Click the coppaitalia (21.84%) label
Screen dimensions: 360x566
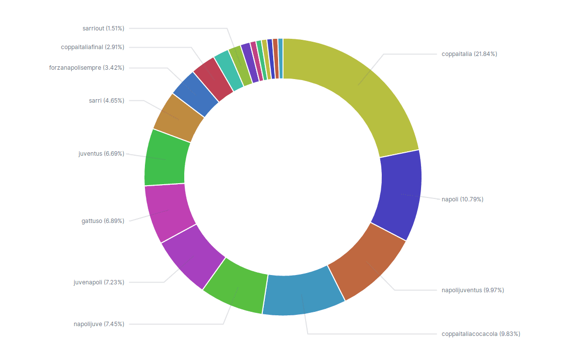[469, 54]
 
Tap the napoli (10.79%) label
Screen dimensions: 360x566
[462, 199]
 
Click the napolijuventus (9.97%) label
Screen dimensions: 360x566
[473, 290]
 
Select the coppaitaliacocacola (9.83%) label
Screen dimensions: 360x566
[481, 334]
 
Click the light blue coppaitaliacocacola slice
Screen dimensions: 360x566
[302, 292]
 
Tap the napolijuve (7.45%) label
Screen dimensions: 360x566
[99, 324]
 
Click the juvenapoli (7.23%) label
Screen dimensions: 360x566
[98, 282]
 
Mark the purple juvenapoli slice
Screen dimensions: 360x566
[189, 258]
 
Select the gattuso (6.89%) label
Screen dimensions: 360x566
[103, 221]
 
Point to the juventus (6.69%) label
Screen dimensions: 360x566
[101, 154]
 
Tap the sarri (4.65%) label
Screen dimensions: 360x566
[106, 101]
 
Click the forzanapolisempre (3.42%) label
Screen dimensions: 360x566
[86, 68]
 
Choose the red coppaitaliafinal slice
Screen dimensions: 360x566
[213, 79]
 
